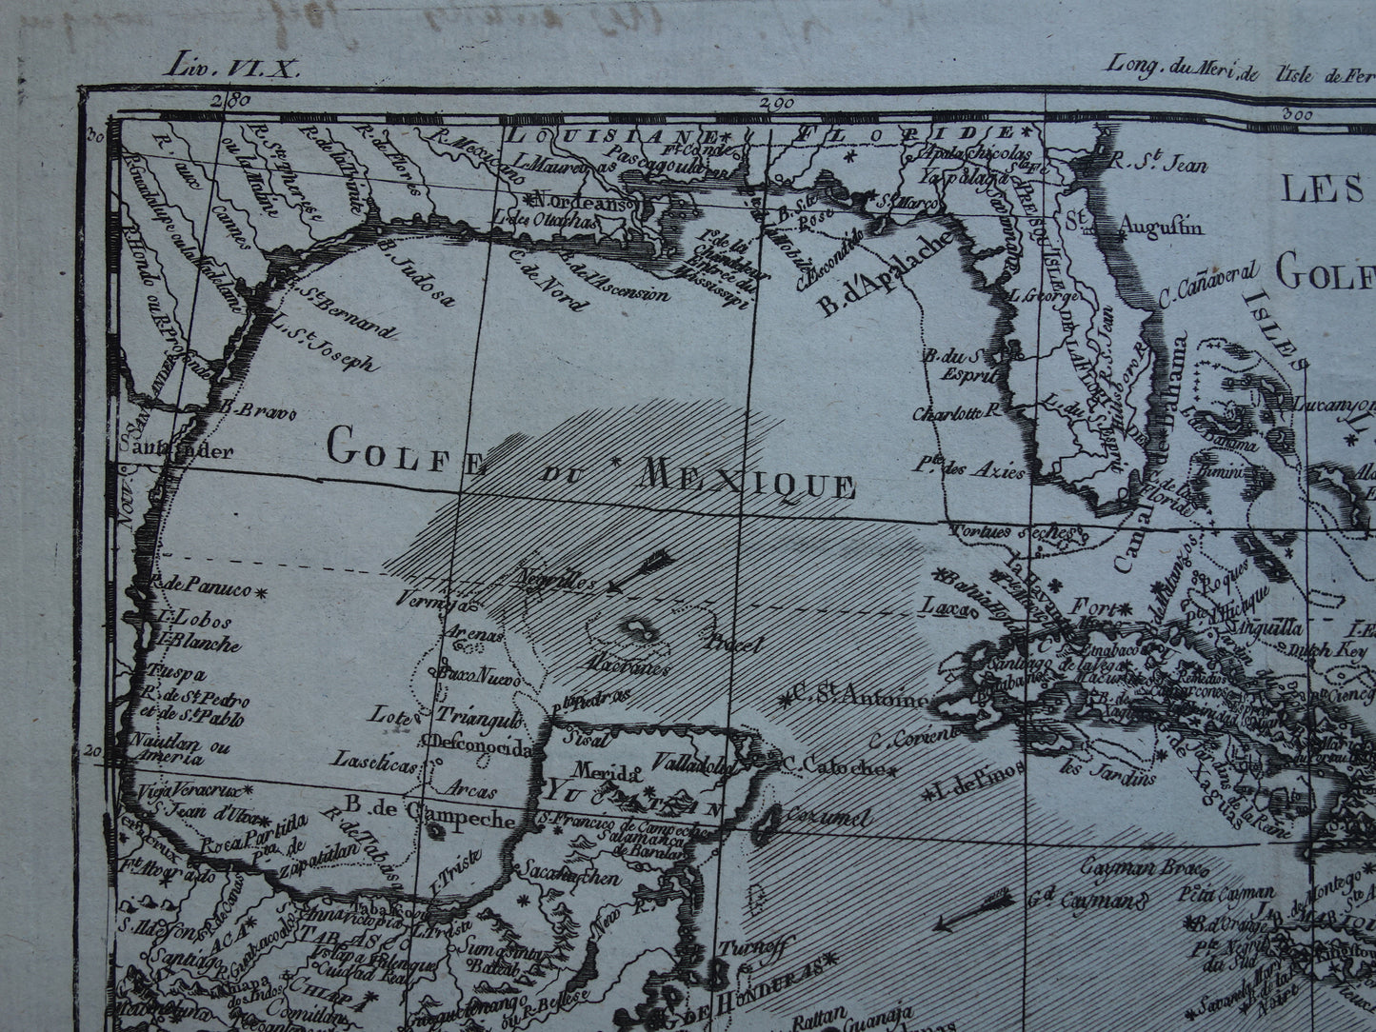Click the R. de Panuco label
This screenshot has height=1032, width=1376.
[x=200, y=589]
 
